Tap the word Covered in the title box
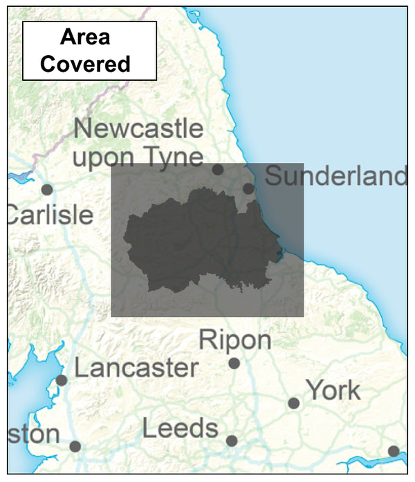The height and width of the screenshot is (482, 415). point(86,64)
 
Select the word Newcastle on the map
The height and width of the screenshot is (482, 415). point(139,129)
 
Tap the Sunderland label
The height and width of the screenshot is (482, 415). point(336,177)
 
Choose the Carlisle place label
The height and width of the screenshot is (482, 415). point(50,215)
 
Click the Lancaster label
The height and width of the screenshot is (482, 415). point(136,368)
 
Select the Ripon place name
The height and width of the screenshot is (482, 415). point(235,340)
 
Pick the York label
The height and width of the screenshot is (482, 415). point(333,391)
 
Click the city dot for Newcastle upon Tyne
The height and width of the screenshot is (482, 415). point(218,169)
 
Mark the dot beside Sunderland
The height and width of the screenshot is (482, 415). point(249,189)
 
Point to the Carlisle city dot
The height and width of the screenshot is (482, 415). point(47,189)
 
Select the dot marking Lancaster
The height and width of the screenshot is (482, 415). point(62,380)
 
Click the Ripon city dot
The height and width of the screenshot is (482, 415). point(234,363)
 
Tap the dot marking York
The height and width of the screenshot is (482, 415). point(294,403)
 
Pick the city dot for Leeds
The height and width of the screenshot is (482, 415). point(232,441)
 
